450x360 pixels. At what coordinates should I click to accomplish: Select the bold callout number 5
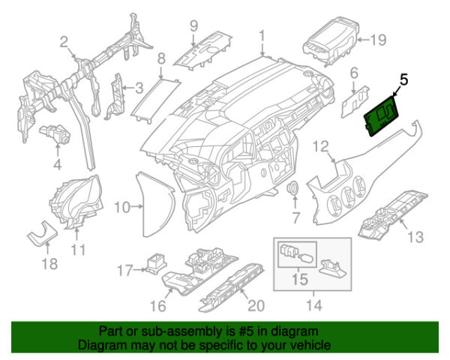click(403, 79)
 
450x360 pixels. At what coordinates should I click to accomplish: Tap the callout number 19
click(379, 40)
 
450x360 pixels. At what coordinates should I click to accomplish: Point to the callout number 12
click(321, 146)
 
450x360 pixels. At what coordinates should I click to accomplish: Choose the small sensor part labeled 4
click(55, 134)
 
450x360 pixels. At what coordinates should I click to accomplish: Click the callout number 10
click(122, 207)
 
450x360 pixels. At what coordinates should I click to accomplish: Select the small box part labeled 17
click(156, 263)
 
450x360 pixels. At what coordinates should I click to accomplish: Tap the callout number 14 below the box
click(314, 305)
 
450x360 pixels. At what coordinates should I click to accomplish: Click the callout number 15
click(299, 279)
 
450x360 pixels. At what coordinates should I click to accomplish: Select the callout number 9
click(194, 26)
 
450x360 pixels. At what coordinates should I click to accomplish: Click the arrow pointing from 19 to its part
click(363, 40)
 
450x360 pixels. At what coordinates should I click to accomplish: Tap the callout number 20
click(256, 305)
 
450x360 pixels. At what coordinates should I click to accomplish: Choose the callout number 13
click(415, 237)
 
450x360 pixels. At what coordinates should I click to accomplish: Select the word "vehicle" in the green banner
click(313, 345)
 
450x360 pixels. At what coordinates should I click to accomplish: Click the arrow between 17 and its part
click(140, 270)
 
